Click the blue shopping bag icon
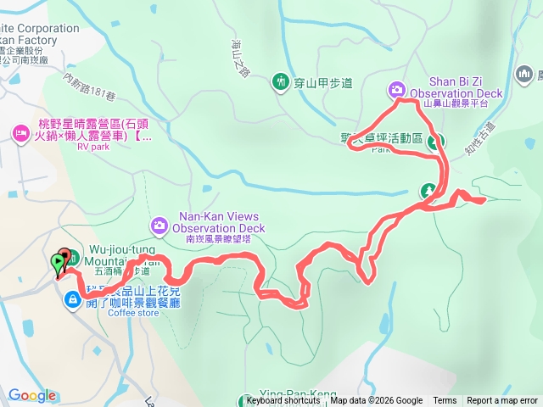coord(73,298)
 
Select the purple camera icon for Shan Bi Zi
coord(396,89)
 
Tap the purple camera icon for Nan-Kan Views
coord(159,225)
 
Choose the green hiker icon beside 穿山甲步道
coord(280,81)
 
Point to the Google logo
coord(32,395)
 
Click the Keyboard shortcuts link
coord(283,401)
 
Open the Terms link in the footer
coord(445,401)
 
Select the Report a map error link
coord(502,401)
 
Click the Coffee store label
coord(133,313)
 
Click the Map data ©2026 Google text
coord(376,401)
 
